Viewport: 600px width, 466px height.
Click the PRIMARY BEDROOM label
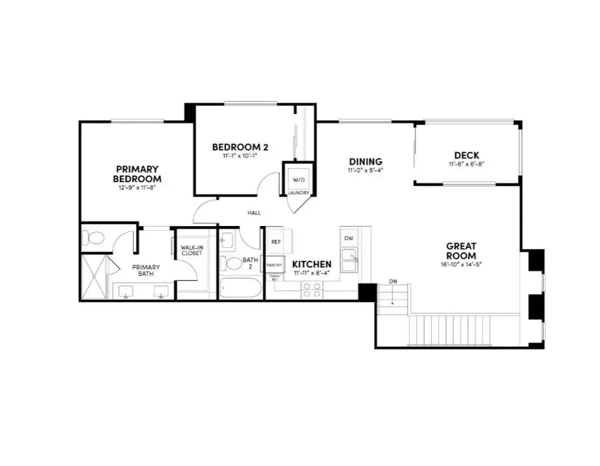pyautogui.click(x=138, y=174)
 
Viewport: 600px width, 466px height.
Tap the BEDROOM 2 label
pyautogui.click(x=240, y=147)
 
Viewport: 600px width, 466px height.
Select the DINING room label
pyautogui.click(x=365, y=161)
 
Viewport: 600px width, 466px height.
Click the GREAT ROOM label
pyautogui.click(x=461, y=251)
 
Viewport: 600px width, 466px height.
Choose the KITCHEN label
pyautogui.click(x=312, y=265)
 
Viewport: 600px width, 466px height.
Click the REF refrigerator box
pyautogui.click(x=275, y=242)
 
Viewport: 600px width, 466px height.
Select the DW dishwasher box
pyautogui.click(x=349, y=238)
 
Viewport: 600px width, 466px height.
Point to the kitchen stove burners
pyautogui.click(x=312, y=289)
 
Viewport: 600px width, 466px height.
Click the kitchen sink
pyautogui.click(x=349, y=257)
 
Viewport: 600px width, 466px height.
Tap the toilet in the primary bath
pyautogui.click(x=94, y=238)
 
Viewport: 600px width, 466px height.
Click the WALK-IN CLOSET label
pyautogui.click(x=191, y=251)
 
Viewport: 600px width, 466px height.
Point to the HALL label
pyautogui.click(x=254, y=213)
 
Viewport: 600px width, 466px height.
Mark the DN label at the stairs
pyautogui.click(x=393, y=282)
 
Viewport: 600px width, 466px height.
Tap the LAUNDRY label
pyautogui.click(x=298, y=193)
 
